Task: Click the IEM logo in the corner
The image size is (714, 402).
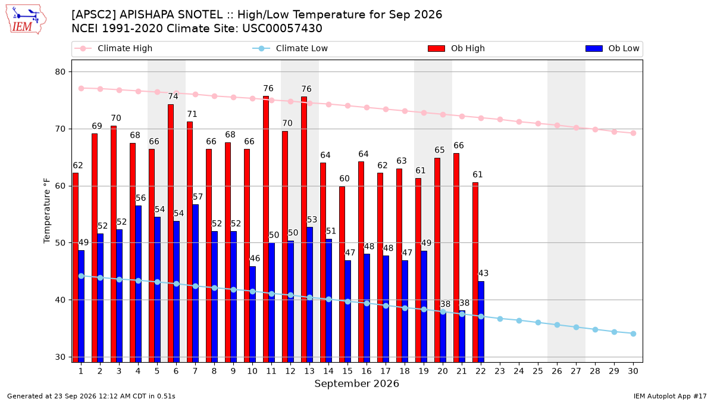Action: [x=26, y=20]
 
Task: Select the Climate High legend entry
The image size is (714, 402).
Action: [x=113, y=48]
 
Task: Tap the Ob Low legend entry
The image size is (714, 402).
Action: [x=612, y=48]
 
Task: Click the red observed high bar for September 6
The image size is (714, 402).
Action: [x=171, y=233]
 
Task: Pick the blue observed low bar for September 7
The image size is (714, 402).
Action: [x=195, y=283]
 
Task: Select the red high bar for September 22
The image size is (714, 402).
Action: [x=475, y=272]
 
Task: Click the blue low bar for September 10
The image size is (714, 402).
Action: [x=252, y=314]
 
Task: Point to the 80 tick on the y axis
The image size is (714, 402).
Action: [x=60, y=72]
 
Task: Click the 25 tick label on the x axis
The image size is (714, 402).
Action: [x=538, y=371]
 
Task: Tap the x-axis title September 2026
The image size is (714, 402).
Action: [x=356, y=384]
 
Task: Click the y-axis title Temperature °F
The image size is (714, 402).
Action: [x=47, y=211]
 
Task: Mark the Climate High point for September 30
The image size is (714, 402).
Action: [x=633, y=133]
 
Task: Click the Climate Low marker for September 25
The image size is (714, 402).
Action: [x=538, y=323]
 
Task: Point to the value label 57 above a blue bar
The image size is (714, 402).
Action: [x=198, y=197]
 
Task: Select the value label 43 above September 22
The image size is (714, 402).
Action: [x=483, y=273]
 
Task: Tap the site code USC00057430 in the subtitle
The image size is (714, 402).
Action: [x=282, y=29]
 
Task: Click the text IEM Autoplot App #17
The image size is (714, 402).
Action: [x=670, y=396]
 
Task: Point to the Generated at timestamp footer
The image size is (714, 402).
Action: [x=91, y=396]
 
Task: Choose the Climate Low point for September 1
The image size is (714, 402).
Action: [x=82, y=276]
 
